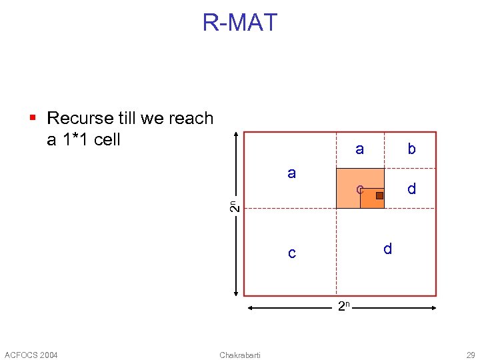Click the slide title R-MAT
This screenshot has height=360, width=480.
[x=239, y=23]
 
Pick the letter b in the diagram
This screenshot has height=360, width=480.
[x=411, y=149]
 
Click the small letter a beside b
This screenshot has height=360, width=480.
[x=359, y=149]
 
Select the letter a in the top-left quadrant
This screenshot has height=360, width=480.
[x=291, y=173]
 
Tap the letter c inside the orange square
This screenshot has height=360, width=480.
[x=359, y=189]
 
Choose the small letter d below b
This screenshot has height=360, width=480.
[x=411, y=189]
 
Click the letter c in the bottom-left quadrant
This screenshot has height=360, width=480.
[x=291, y=253]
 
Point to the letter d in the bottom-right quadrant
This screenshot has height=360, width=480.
[x=387, y=249]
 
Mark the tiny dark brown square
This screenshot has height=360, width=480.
[x=379, y=195]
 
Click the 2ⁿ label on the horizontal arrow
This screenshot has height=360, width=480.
[x=343, y=307]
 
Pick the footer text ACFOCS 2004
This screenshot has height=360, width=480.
[x=31, y=354]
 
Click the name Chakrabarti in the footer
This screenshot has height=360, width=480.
[x=240, y=354]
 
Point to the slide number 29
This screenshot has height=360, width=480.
[x=471, y=354]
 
